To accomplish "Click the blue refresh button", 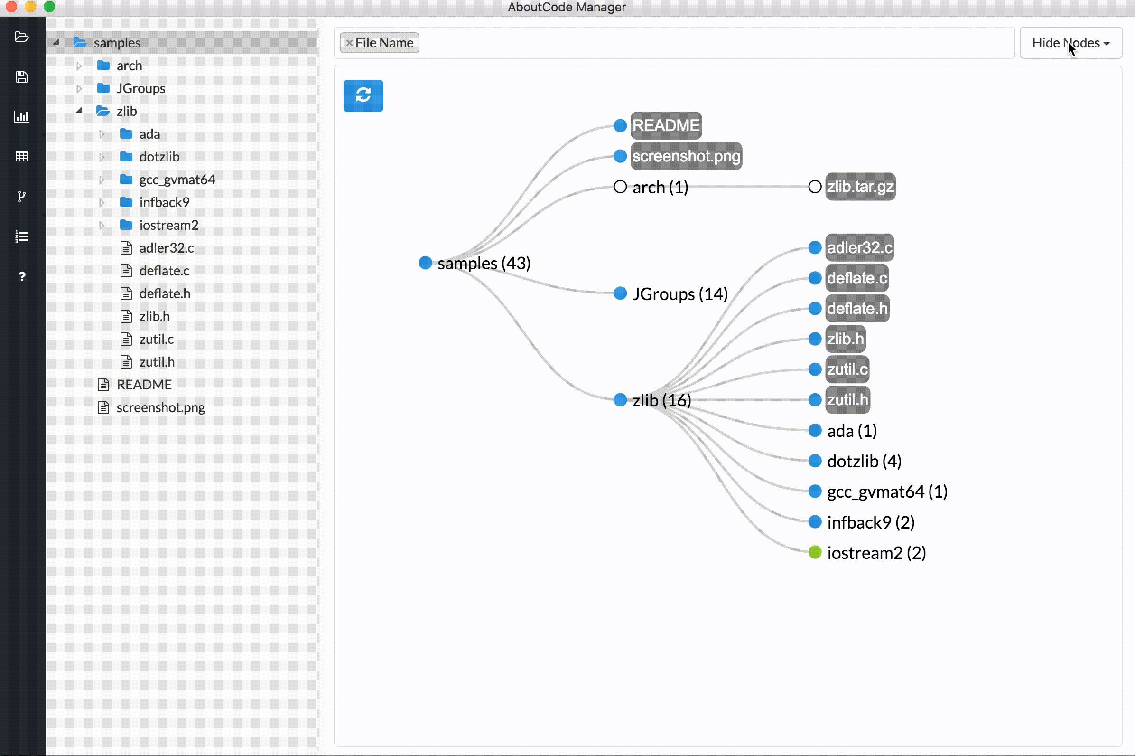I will (363, 95).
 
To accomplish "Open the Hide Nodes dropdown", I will (1070, 43).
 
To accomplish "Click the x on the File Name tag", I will (349, 43).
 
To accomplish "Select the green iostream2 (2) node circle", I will (815, 553).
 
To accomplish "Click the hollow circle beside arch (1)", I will (620, 187).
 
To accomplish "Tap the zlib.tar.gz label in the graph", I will (860, 187).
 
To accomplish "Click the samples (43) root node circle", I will (425, 263).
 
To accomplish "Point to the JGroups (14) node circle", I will (620, 293).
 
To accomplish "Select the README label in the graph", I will (666, 125).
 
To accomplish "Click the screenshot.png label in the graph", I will (686, 156).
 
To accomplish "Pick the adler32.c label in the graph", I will (859, 248).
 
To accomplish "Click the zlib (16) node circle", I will (620, 400).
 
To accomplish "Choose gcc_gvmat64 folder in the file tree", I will (177, 180).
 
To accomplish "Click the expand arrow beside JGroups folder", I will (79, 89).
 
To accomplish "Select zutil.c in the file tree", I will (156, 340).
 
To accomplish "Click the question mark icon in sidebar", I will (22, 277).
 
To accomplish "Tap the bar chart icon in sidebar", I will (22, 117).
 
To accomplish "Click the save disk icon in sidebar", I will (22, 77).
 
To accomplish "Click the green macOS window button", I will (50, 6).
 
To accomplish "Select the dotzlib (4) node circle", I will (815, 461).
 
